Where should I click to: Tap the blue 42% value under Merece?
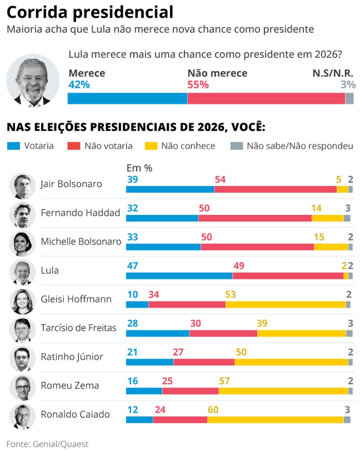click(x=79, y=85)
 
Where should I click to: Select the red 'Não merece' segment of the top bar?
click(x=266, y=98)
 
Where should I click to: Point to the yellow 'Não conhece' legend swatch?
click(x=151, y=146)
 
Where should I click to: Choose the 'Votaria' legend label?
click(x=39, y=146)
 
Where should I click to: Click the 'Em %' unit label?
click(x=139, y=168)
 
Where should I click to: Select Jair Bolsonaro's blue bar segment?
click(x=170, y=189)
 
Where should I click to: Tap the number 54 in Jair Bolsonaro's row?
click(x=220, y=179)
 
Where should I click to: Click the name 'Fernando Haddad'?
click(x=80, y=213)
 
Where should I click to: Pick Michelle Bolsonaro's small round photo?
click(x=22, y=244)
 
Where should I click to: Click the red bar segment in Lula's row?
click(x=288, y=276)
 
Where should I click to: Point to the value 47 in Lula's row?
click(x=132, y=266)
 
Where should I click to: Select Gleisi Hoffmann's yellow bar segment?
click(x=285, y=304)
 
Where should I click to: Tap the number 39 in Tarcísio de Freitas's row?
click(x=262, y=323)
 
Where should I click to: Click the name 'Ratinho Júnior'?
click(x=72, y=357)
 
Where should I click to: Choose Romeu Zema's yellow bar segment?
click(x=283, y=391)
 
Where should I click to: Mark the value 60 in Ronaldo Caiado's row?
click(x=213, y=410)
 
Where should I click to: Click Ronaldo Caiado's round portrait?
click(x=22, y=416)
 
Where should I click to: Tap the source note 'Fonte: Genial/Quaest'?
click(x=47, y=444)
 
